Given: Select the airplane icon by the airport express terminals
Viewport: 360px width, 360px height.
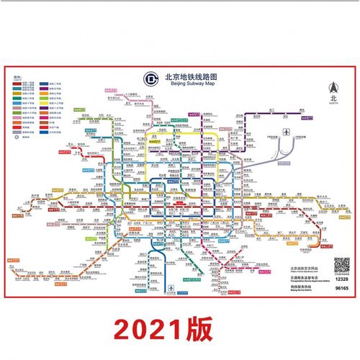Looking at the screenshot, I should [x=287, y=132].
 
